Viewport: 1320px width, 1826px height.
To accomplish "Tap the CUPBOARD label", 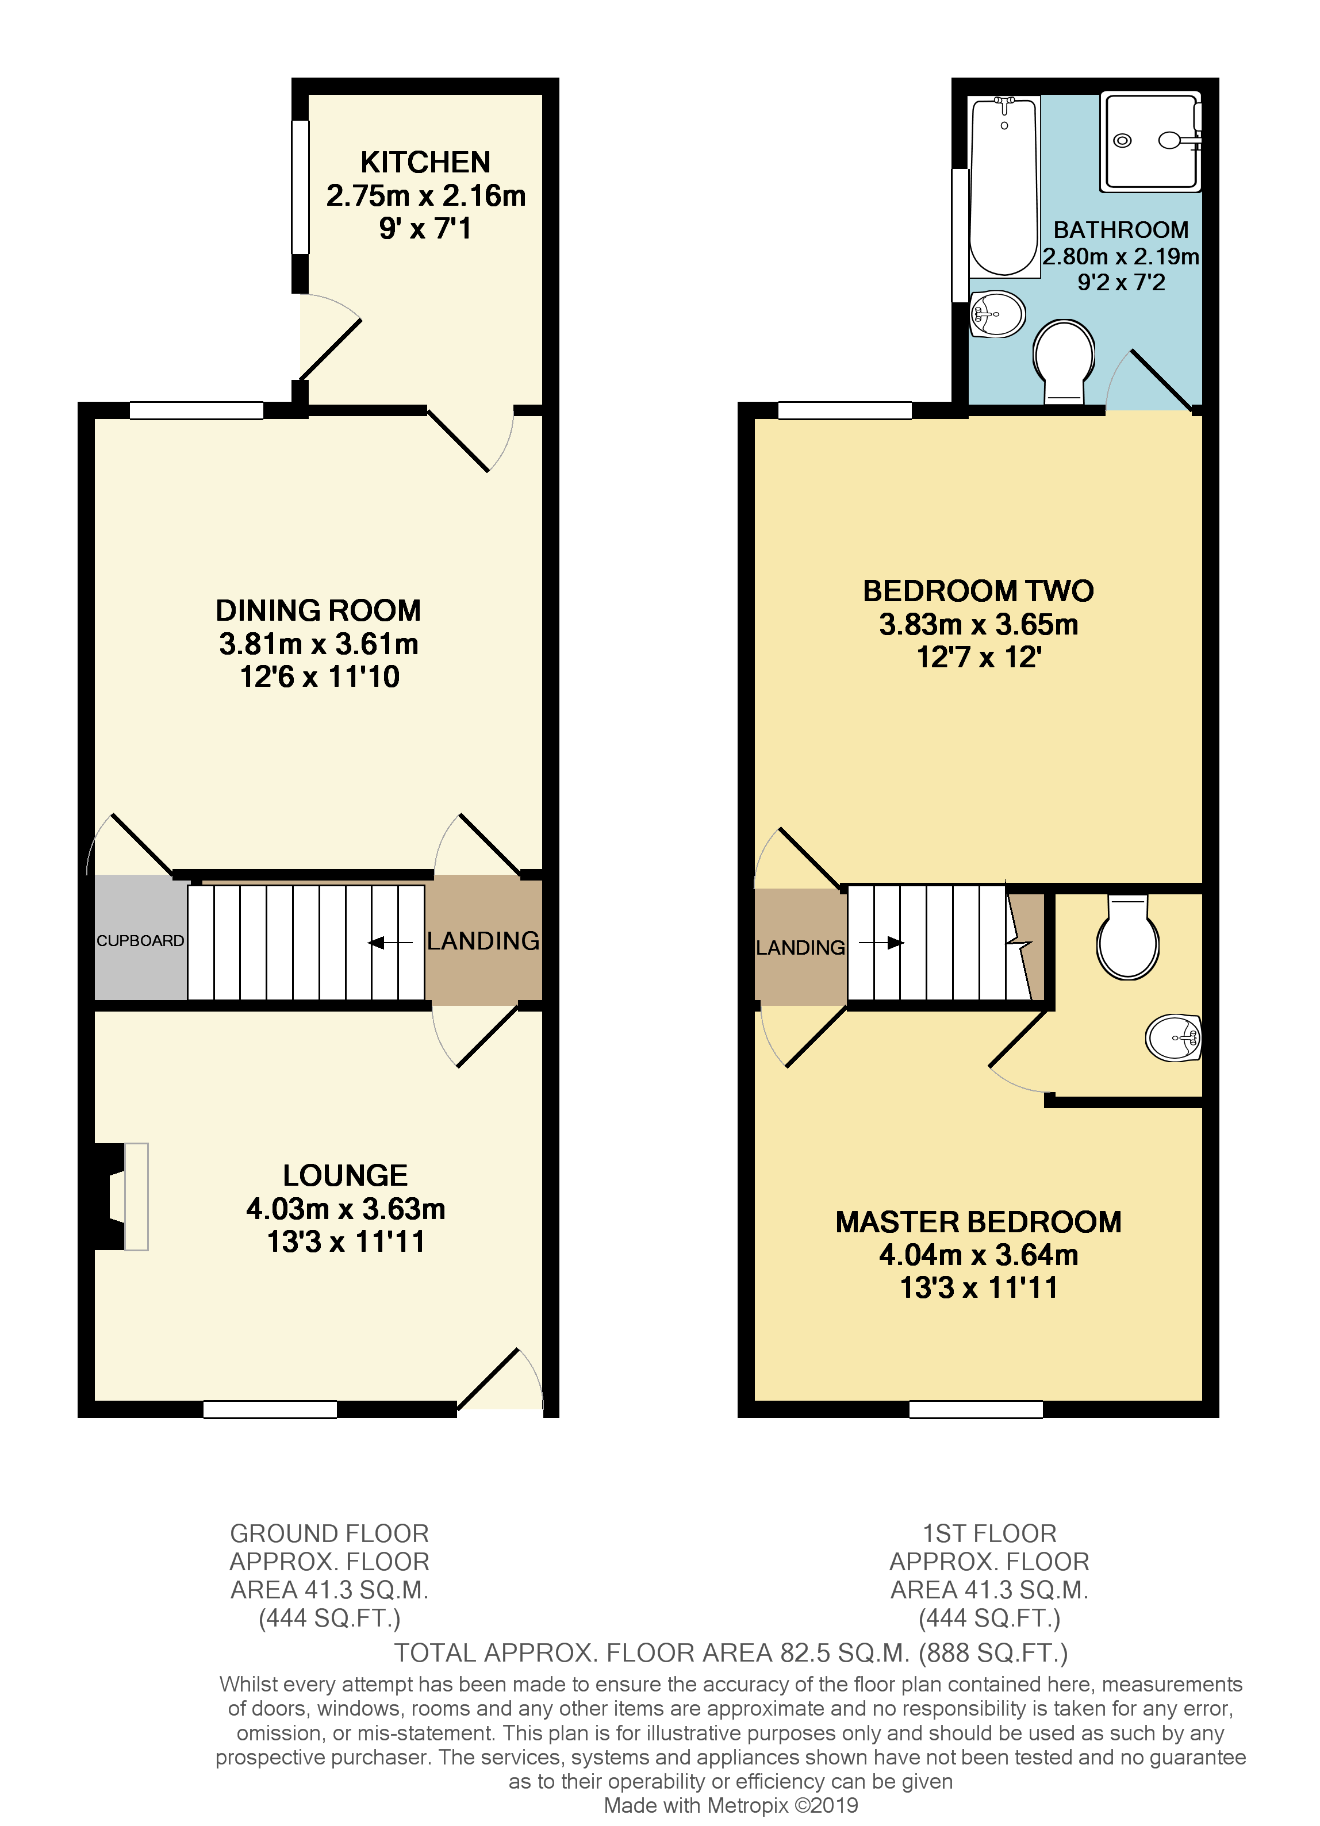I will pos(140,940).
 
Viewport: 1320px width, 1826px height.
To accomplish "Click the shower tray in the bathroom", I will pos(1150,142).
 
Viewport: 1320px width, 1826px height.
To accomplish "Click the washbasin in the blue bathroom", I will pos(997,313).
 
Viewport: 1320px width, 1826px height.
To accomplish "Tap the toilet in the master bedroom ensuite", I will pos(1127,938).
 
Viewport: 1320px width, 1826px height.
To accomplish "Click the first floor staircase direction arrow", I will pos(881,943).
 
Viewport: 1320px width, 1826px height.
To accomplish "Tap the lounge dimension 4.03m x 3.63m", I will pos(346,1209).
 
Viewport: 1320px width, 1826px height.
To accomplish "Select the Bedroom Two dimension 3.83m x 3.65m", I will pos(978,624).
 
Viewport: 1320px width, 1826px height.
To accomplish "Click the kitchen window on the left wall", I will pos(300,187).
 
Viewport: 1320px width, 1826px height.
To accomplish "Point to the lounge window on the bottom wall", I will pos(270,1409).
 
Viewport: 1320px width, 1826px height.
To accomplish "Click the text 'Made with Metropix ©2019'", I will pos(731,1805).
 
